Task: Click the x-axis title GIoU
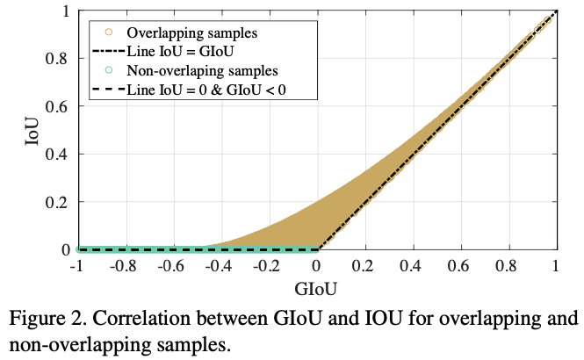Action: click(x=316, y=286)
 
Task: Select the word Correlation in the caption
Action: click(x=141, y=318)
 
